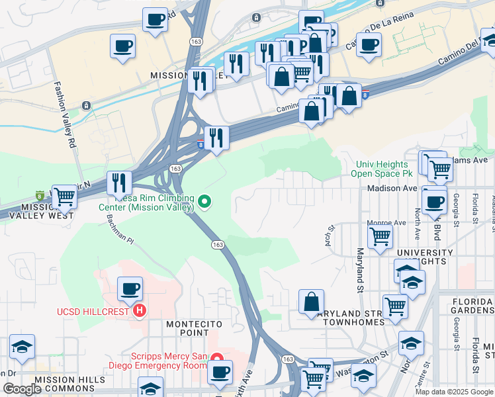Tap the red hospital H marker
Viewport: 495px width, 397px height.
click(139, 310)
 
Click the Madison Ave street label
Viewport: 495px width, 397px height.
click(393, 188)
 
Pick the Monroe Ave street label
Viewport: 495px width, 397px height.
click(387, 223)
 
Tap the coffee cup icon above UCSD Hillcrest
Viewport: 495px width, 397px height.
click(130, 288)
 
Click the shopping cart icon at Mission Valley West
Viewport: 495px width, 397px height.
click(64, 196)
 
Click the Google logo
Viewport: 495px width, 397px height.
click(21, 389)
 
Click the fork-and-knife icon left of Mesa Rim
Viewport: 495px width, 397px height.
click(119, 182)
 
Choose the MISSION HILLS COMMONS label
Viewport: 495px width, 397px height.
click(69, 384)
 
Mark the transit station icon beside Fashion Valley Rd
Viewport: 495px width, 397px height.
click(86, 106)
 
